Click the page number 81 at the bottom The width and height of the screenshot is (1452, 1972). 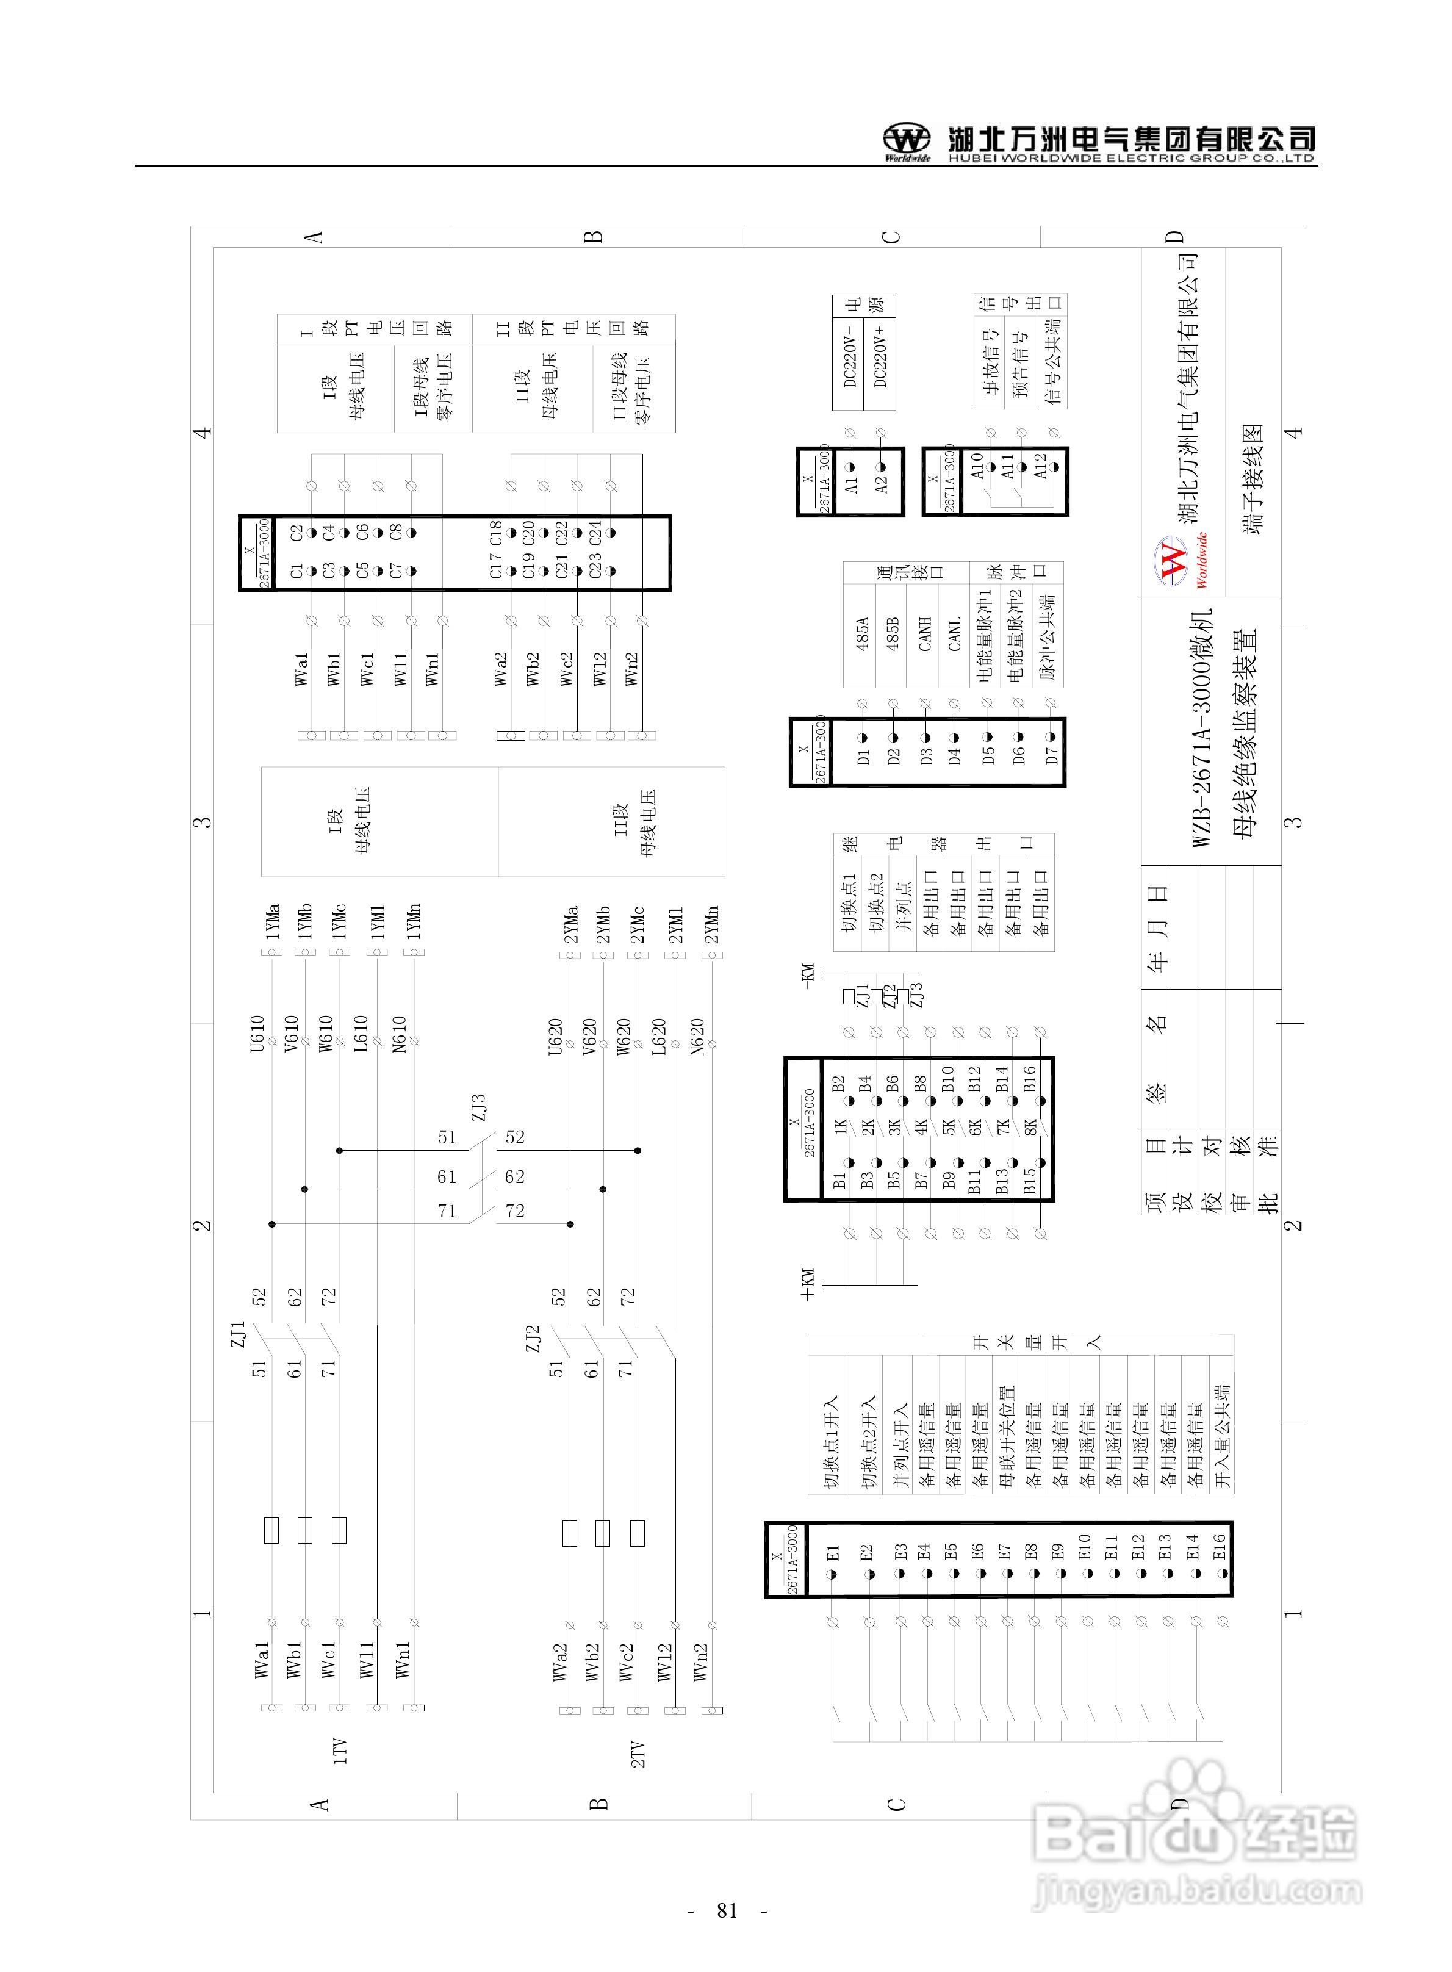click(x=726, y=1910)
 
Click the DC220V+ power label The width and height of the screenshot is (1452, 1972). click(x=881, y=357)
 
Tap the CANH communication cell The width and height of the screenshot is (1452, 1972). click(x=925, y=633)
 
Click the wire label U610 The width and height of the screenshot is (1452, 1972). click(x=257, y=1034)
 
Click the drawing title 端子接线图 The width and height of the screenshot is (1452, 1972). click(x=1253, y=480)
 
